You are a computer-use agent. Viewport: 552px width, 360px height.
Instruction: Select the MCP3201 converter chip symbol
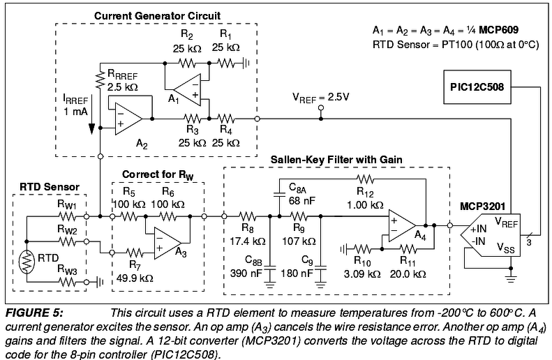coord(488,237)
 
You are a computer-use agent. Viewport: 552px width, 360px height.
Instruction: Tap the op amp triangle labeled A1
coord(184,89)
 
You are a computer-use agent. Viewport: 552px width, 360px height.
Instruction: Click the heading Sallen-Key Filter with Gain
coord(336,160)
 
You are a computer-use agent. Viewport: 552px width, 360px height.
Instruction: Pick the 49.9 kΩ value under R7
coord(137,277)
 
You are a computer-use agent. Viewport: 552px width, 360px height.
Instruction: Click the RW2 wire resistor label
coord(67,229)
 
